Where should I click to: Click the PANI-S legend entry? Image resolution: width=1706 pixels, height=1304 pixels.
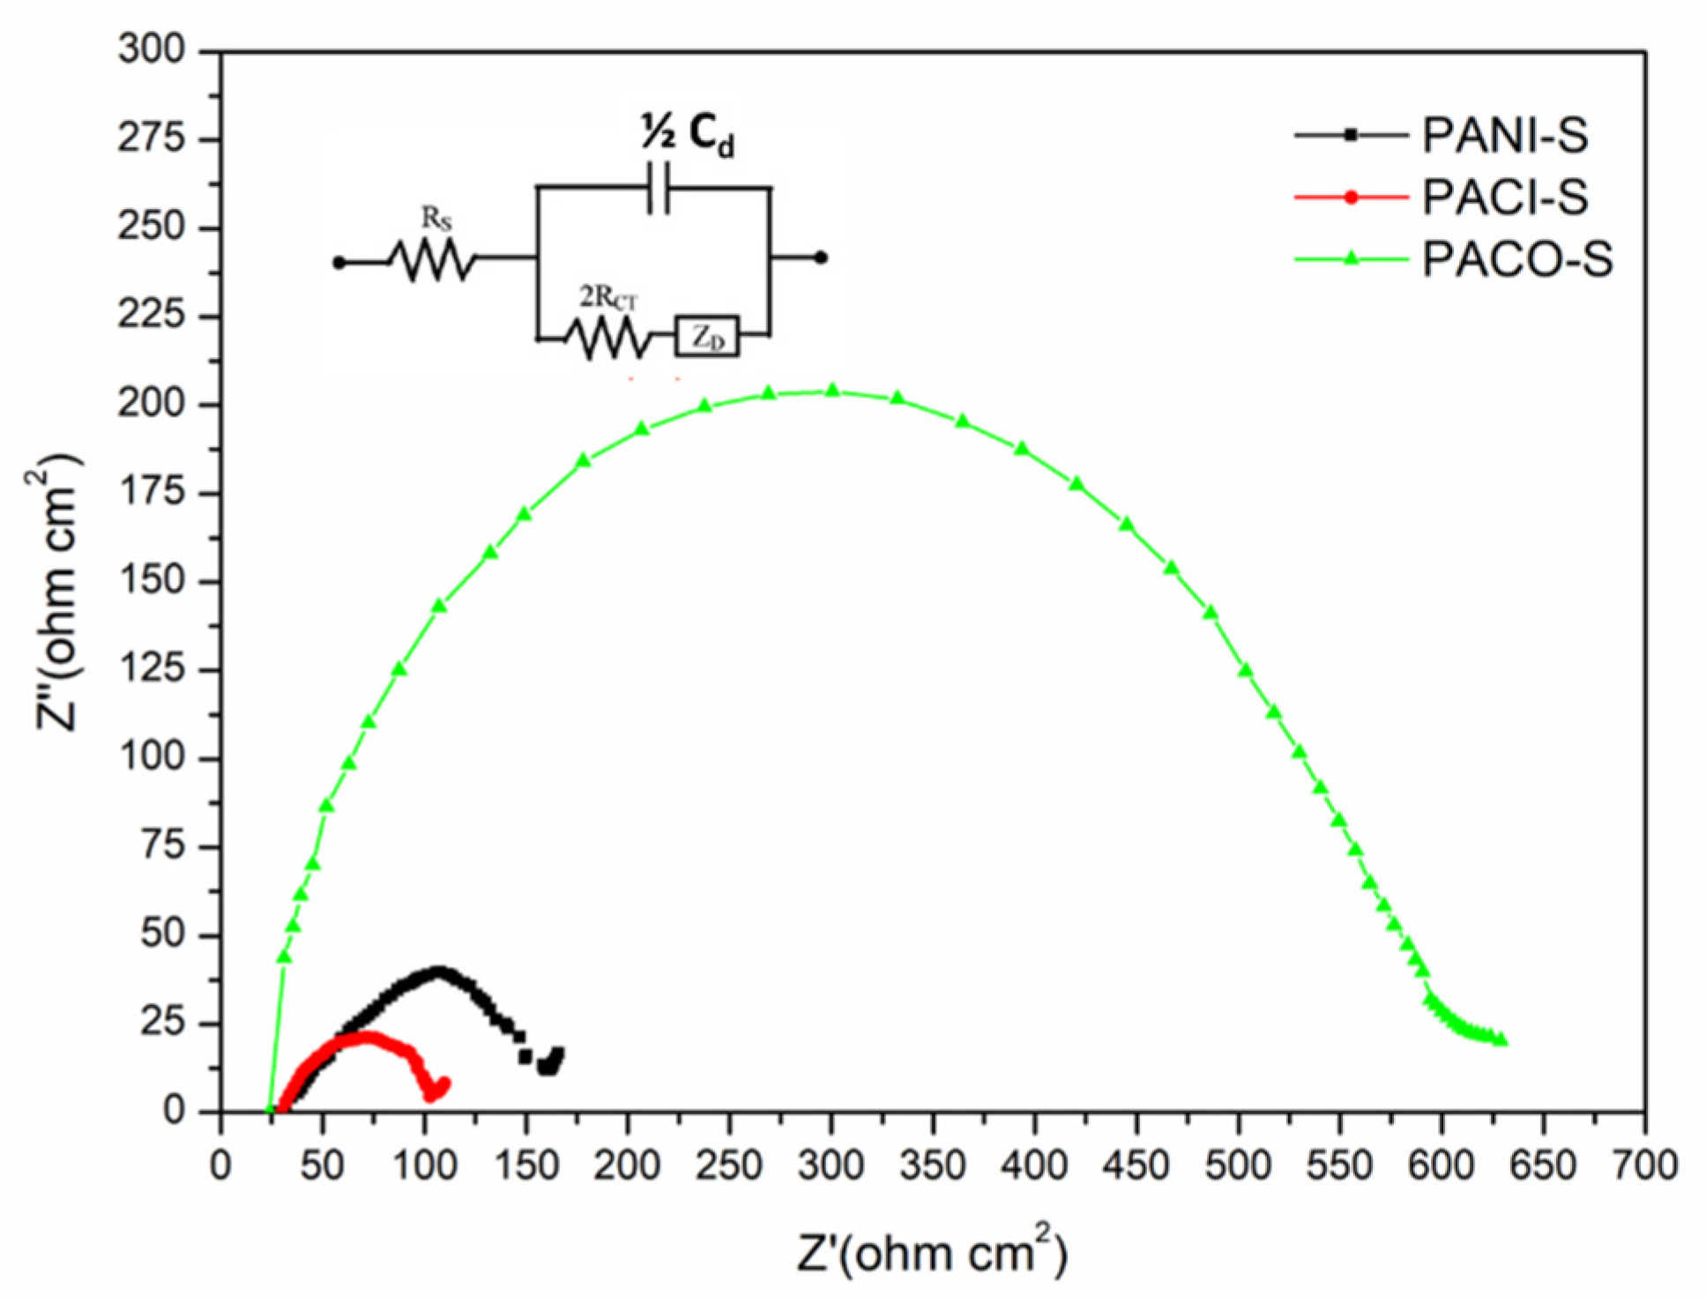[1504, 136]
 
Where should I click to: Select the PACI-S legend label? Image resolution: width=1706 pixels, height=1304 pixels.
[1504, 197]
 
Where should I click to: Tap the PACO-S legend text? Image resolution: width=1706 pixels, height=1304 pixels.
[1516, 259]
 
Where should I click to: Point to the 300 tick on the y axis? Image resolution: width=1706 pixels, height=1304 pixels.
[152, 50]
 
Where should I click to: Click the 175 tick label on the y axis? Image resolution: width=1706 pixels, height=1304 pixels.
[152, 492]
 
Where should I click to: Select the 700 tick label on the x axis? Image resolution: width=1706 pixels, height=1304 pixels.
[1644, 1166]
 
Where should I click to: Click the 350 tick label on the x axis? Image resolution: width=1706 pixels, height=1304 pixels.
[933, 1166]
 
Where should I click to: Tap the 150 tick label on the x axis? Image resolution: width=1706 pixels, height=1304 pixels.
[525, 1166]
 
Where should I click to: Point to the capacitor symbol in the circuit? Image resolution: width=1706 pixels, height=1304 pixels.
[658, 187]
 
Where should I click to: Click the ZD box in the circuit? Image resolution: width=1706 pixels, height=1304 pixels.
[707, 337]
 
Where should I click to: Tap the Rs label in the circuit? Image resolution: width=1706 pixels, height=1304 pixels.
[436, 219]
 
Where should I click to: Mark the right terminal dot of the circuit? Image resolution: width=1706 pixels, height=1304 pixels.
[820, 258]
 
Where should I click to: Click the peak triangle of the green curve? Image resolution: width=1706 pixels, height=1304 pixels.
[832, 391]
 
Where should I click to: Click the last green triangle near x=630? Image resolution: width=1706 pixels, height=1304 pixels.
[1502, 1040]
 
